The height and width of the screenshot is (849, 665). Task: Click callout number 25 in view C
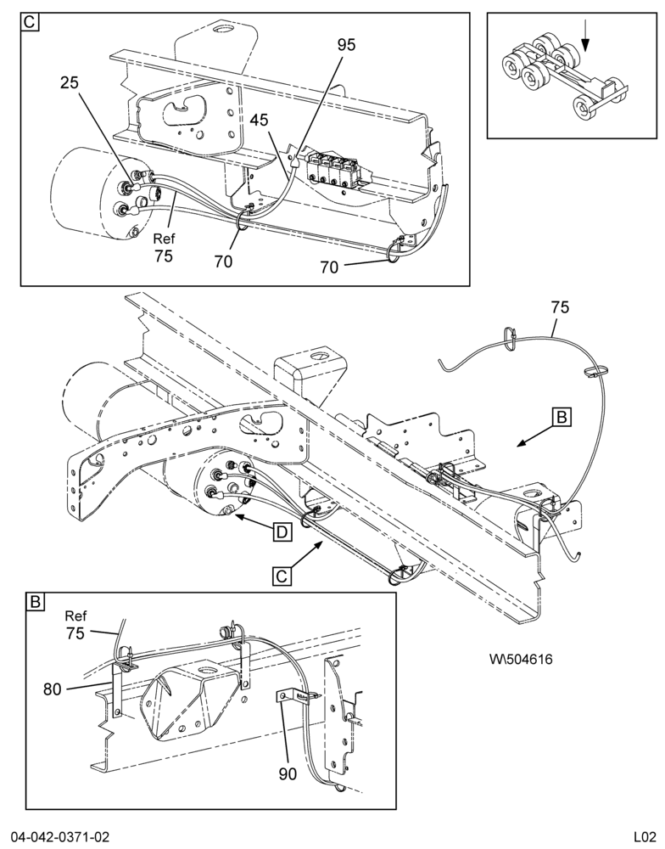(69, 82)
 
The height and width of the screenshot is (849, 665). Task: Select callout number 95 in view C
(346, 45)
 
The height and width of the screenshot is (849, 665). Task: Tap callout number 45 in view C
(260, 120)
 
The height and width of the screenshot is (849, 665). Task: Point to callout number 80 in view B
(53, 689)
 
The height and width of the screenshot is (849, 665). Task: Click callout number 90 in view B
(288, 774)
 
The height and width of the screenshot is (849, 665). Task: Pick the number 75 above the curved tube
(560, 307)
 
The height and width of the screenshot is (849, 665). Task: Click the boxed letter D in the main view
(282, 531)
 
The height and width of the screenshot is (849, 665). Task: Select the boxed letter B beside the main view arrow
(562, 418)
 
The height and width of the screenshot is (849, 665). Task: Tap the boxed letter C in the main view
(282, 576)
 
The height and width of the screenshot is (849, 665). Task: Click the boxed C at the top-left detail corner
(30, 22)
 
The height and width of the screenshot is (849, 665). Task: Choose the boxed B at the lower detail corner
(35, 602)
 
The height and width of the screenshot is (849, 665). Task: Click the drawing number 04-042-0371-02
(59, 836)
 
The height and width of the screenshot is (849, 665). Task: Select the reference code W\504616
(521, 659)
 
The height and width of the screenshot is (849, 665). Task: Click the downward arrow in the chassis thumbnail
(585, 39)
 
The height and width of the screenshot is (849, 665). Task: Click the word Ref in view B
(75, 616)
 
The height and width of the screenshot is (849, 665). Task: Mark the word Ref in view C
(164, 239)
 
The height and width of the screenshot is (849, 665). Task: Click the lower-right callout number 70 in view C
(329, 267)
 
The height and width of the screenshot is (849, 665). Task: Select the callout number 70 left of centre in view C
(223, 261)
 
